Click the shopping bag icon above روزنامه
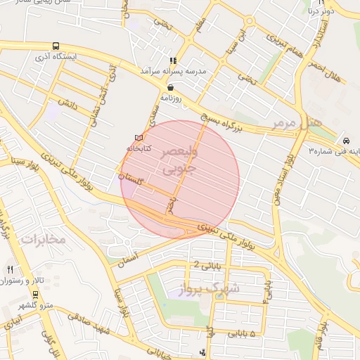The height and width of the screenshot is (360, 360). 171,87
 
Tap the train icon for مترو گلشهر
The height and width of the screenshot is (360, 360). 35,294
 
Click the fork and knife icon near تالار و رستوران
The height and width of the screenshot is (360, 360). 10,269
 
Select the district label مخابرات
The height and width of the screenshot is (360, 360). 41,239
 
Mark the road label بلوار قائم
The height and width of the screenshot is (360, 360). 319,335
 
